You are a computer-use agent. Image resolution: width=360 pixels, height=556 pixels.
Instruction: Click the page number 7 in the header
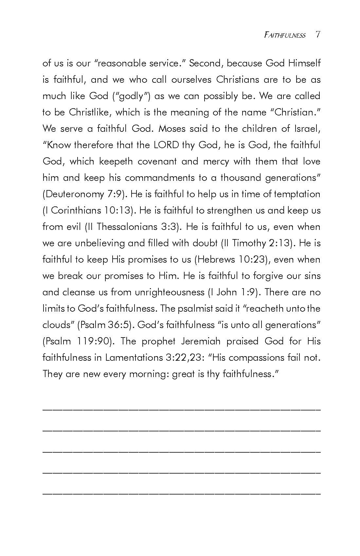pos(318,35)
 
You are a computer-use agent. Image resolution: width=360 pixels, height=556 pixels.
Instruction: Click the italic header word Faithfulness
pos(284,35)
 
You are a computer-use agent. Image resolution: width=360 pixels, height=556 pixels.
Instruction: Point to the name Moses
pos(171,129)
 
